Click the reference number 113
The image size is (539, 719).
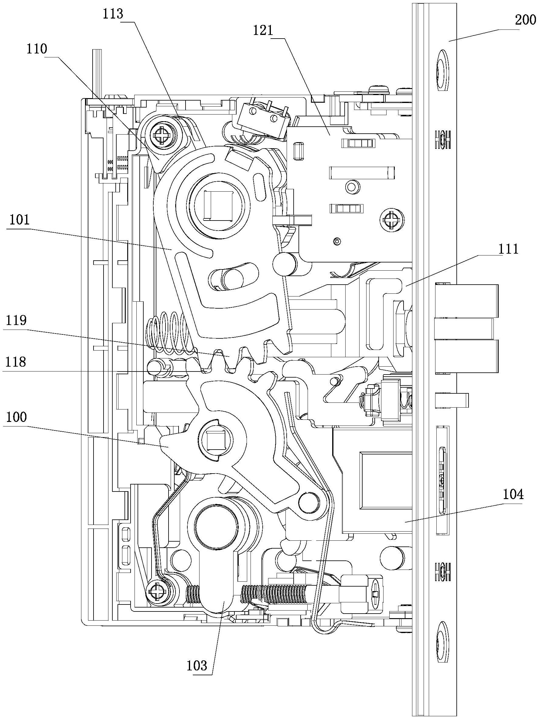113,14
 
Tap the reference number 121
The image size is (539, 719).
264,31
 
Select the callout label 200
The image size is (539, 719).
525,20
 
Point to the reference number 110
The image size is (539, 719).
37,50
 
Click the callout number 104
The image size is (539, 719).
513,495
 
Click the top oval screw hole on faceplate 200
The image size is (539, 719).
442,70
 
